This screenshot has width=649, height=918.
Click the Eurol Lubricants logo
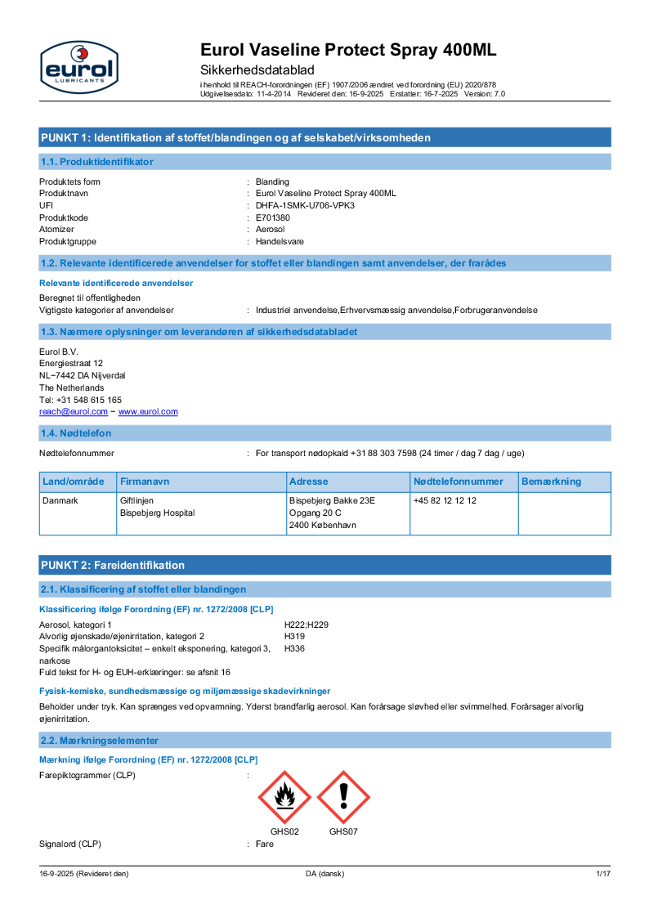[79, 67]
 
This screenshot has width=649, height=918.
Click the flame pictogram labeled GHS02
[284, 797]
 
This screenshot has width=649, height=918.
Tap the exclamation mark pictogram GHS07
[343, 797]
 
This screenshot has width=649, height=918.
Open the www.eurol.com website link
[148, 412]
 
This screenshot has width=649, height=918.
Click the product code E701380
[272, 218]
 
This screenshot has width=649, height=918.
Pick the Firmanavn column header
[145, 481]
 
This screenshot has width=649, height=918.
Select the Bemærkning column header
[551, 481]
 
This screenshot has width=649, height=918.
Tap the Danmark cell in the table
[60, 500]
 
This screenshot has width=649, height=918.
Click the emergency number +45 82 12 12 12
[445, 500]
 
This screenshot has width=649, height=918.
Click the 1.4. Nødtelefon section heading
[76, 432]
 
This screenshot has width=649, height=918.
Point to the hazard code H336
[294, 648]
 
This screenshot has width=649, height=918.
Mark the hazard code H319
[294, 636]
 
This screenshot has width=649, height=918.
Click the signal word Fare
[264, 844]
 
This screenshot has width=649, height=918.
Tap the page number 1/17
[602, 874]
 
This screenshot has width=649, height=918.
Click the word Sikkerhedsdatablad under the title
[257, 70]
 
